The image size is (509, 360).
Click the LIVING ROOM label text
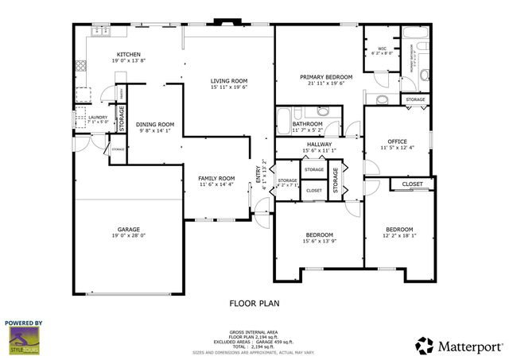[229, 80]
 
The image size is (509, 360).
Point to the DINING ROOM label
[155, 125]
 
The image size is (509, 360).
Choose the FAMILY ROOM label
[216, 178]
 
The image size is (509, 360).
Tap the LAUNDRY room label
[87, 118]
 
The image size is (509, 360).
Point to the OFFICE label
[397, 141]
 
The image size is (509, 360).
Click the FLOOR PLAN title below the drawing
[254, 302]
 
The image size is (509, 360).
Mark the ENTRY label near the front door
[258, 175]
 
